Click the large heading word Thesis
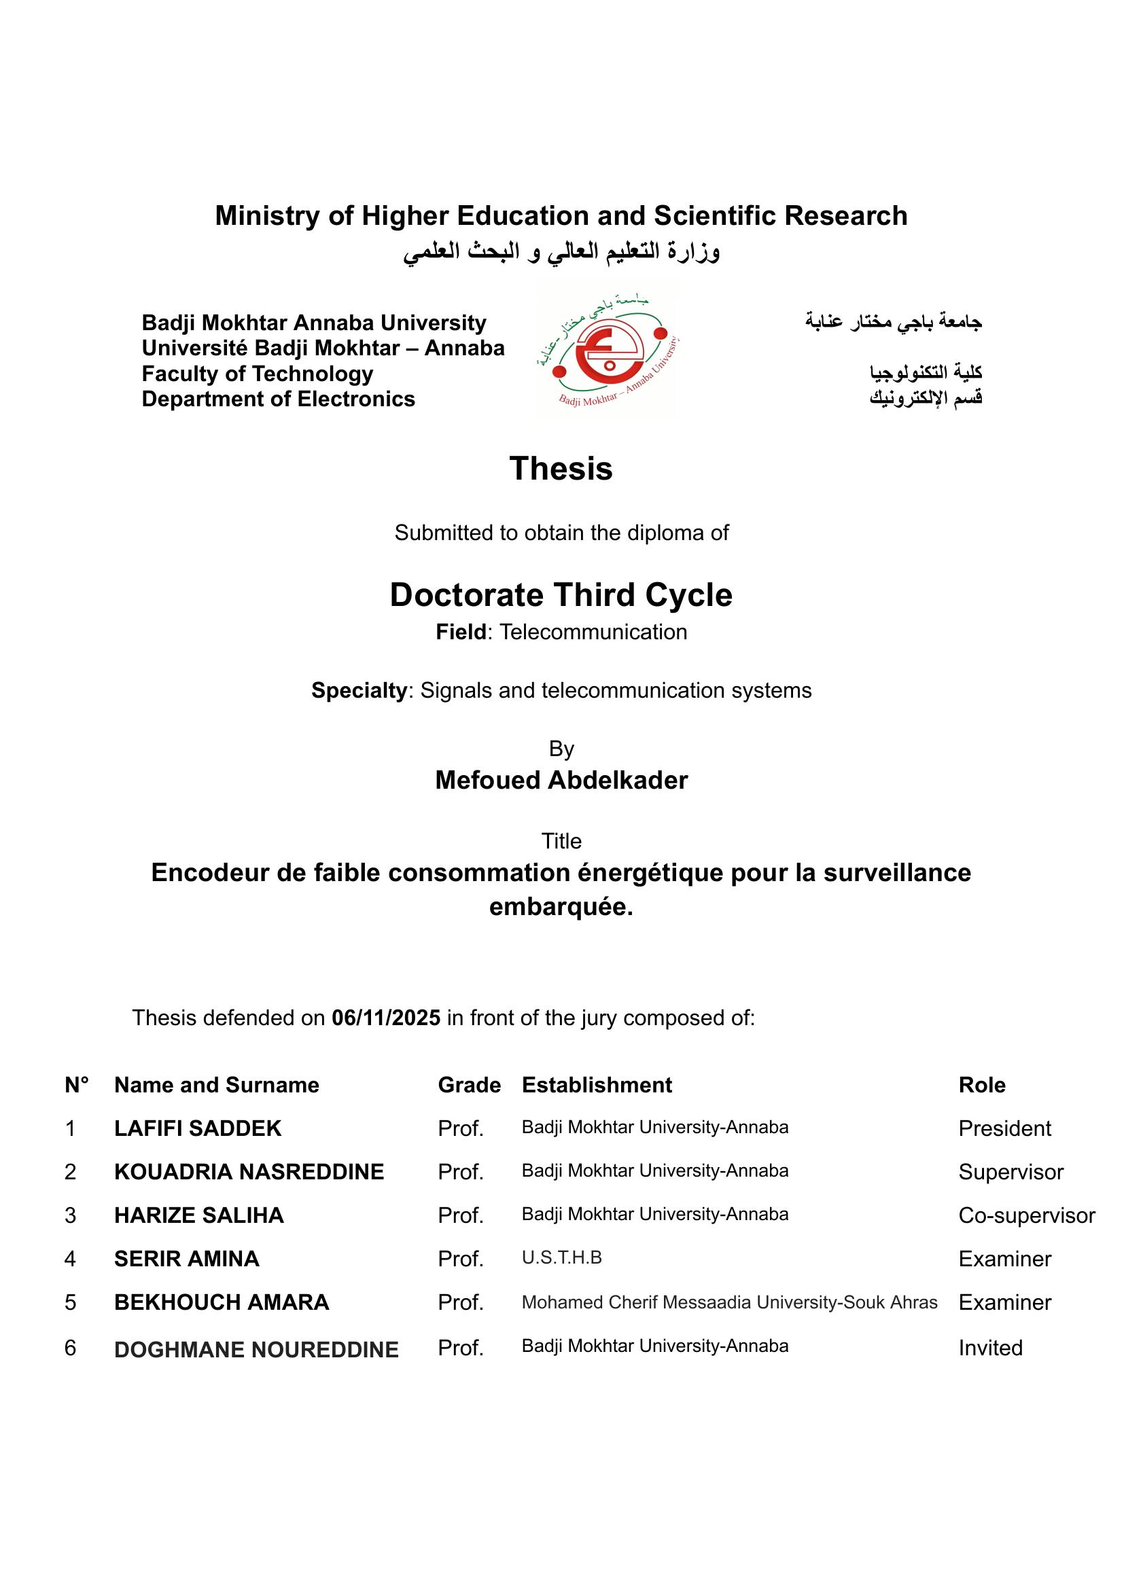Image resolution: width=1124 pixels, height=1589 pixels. click(x=561, y=469)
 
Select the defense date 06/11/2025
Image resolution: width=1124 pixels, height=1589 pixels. click(x=385, y=1018)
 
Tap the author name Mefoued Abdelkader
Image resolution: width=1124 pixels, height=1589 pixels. click(x=561, y=780)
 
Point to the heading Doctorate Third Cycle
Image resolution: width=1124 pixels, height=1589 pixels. click(x=561, y=594)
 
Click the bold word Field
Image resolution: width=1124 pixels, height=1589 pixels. click(x=461, y=632)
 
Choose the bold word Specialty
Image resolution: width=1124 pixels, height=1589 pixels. click(x=359, y=690)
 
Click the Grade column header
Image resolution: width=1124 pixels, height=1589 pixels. click(x=470, y=1084)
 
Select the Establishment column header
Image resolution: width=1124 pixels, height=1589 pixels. click(x=597, y=1084)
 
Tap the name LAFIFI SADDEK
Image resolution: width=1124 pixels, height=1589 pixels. click(x=198, y=1128)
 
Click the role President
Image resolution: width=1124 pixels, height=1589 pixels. click(x=1004, y=1128)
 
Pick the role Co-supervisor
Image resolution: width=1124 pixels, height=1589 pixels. click(x=1026, y=1215)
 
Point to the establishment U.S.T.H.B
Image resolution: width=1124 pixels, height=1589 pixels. click(x=561, y=1257)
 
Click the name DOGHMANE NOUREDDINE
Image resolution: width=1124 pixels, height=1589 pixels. click(x=256, y=1350)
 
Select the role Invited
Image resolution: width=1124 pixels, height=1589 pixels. click(x=990, y=1347)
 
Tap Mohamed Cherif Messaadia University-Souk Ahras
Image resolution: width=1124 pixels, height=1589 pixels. click(x=729, y=1302)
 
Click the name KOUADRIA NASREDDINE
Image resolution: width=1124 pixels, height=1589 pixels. click(x=249, y=1172)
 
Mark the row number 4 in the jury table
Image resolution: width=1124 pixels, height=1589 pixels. click(x=70, y=1258)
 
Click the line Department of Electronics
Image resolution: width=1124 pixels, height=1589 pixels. click(x=278, y=399)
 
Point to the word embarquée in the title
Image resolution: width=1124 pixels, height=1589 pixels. click(x=561, y=907)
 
